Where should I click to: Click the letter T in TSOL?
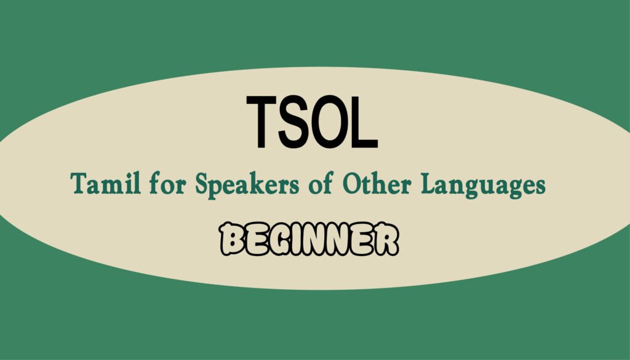261,122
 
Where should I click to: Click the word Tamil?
106,183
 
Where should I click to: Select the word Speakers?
247,185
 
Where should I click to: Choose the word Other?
377,183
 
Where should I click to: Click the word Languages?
484,186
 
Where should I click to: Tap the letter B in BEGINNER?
232,239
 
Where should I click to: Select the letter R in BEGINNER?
386,239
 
